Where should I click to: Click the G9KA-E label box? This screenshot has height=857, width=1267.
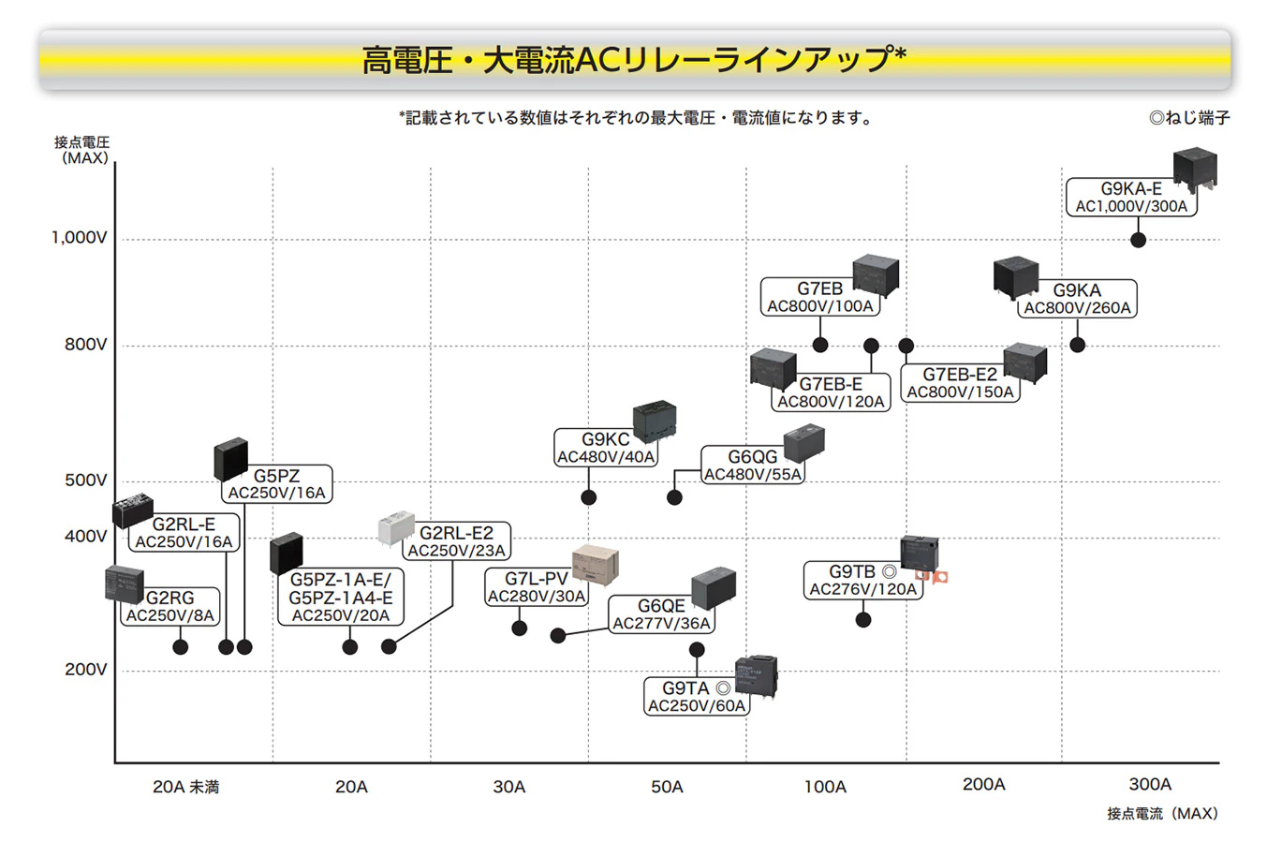click(x=1131, y=197)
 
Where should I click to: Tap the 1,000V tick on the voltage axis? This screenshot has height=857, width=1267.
click(x=80, y=238)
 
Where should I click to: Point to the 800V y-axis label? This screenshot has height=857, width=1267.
click(x=85, y=344)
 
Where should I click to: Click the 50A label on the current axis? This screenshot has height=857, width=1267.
click(x=667, y=787)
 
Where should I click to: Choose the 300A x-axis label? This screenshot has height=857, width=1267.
click(x=1150, y=784)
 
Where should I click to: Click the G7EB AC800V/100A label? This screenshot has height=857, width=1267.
click(x=820, y=297)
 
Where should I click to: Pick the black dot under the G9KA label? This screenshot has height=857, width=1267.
click(x=1078, y=345)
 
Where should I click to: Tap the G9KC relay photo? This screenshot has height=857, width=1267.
click(x=655, y=421)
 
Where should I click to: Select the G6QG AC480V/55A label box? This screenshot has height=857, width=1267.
click(x=753, y=465)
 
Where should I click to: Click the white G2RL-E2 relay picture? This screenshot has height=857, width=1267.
click(x=396, y=528)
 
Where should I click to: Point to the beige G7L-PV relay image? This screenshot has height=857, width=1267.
click(x=595, y=566)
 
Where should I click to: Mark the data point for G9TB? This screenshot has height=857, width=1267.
click(x=863, y=620)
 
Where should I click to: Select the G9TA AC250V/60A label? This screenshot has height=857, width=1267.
click(x=697, y=697)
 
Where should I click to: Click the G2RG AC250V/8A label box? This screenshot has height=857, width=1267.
click(x=169, y=606)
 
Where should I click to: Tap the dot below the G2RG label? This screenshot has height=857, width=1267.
click(x=181, y=646)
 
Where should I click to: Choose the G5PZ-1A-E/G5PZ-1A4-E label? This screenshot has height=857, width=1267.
click(x=341, y=597)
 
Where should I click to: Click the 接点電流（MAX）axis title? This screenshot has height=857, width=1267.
click(x=1162, y=813)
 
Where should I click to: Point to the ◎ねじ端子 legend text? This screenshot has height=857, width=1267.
click(x=1189, y=118)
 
